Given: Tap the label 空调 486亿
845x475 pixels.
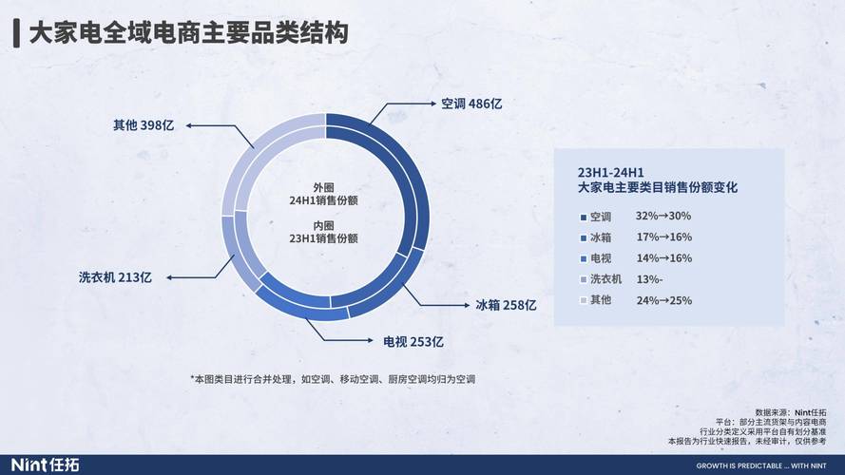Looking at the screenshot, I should [x=471, y=104].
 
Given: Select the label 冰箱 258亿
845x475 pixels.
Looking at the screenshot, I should [x=506, y=306].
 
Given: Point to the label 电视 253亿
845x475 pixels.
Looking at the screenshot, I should [x=413, y=341].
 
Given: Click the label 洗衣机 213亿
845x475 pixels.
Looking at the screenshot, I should [x=115, y=277].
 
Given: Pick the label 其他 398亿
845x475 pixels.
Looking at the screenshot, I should [x=143, y=125].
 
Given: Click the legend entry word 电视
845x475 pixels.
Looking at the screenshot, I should [x=601, y=258].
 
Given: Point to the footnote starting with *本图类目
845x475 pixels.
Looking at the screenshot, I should [x=332, y=379].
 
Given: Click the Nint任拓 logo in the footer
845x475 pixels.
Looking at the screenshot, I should [x=46, y=465].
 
